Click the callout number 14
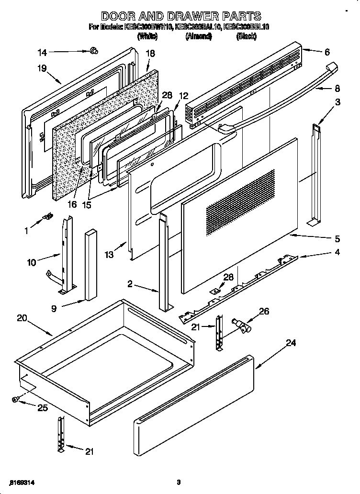point(43,52)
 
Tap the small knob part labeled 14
point(93,50)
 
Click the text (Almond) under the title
point(199,36)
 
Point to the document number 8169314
point(22,482)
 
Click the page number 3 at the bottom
point(178,482)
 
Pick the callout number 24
point(291,343)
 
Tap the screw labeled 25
point(16,399)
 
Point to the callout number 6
point(327,52)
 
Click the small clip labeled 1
point(47,218)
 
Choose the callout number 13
point(110,255)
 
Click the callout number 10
point(32,262)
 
